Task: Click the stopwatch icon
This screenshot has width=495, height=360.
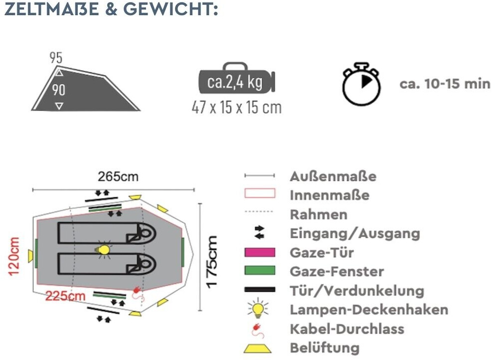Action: tap(361, 84)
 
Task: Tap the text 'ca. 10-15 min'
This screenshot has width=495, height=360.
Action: tap(445, 83)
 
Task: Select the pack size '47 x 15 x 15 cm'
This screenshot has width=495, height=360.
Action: tap(236, 108)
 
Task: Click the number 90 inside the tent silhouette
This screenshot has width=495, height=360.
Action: tap(59, 90)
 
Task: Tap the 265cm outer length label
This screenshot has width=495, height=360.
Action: tap(118, 177)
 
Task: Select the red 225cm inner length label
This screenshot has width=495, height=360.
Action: tap(65, 296)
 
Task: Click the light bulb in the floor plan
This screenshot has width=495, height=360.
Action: tap(103, 249)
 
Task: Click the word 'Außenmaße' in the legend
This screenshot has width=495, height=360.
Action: tap(332, 177)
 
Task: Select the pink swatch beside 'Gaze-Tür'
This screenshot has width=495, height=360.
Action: tap(259, 252)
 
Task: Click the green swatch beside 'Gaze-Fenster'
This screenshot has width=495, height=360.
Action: tap(259, 271)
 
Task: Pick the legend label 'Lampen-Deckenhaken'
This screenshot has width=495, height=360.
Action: tap(369, 309)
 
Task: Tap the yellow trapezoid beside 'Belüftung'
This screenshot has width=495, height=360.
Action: tap(259, 348)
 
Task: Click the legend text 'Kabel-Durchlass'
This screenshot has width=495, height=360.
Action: tap(347, 329)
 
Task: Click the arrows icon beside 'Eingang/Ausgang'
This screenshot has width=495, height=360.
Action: tap(260, 233)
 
